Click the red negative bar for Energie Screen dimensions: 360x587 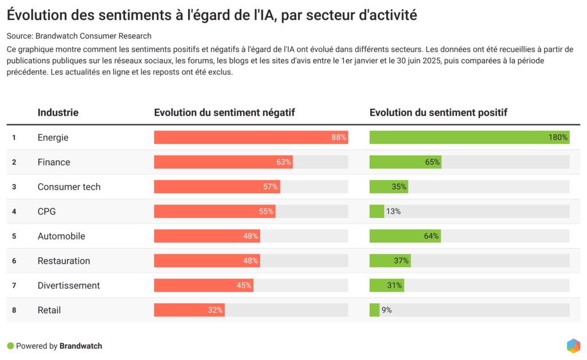click(251, 138)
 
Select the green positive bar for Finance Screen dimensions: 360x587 click(405, 162)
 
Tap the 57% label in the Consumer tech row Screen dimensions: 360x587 click(271, 187)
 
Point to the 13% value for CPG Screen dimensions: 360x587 click(393, 212)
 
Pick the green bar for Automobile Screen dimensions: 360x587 click(405, 236)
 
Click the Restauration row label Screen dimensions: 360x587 click(64, 261)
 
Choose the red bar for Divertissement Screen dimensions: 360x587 click(204, 285)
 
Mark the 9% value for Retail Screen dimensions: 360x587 click(386, 310)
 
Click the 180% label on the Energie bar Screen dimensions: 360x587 click(558, 138)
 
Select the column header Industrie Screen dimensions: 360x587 click(58, 113)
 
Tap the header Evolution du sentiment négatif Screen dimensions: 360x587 click(224, 113)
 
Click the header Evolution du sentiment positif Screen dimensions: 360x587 click(438, 113)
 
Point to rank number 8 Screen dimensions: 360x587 click(14, 310)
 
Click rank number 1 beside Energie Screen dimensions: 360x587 click(14, 138)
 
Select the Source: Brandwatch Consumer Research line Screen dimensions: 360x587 click(79, 36)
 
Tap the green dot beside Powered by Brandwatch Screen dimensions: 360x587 click(10, 346)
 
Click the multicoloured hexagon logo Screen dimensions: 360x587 click(573, 346)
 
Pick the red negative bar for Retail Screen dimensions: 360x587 click(189, 310)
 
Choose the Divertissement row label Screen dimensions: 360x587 click(68, 285)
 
